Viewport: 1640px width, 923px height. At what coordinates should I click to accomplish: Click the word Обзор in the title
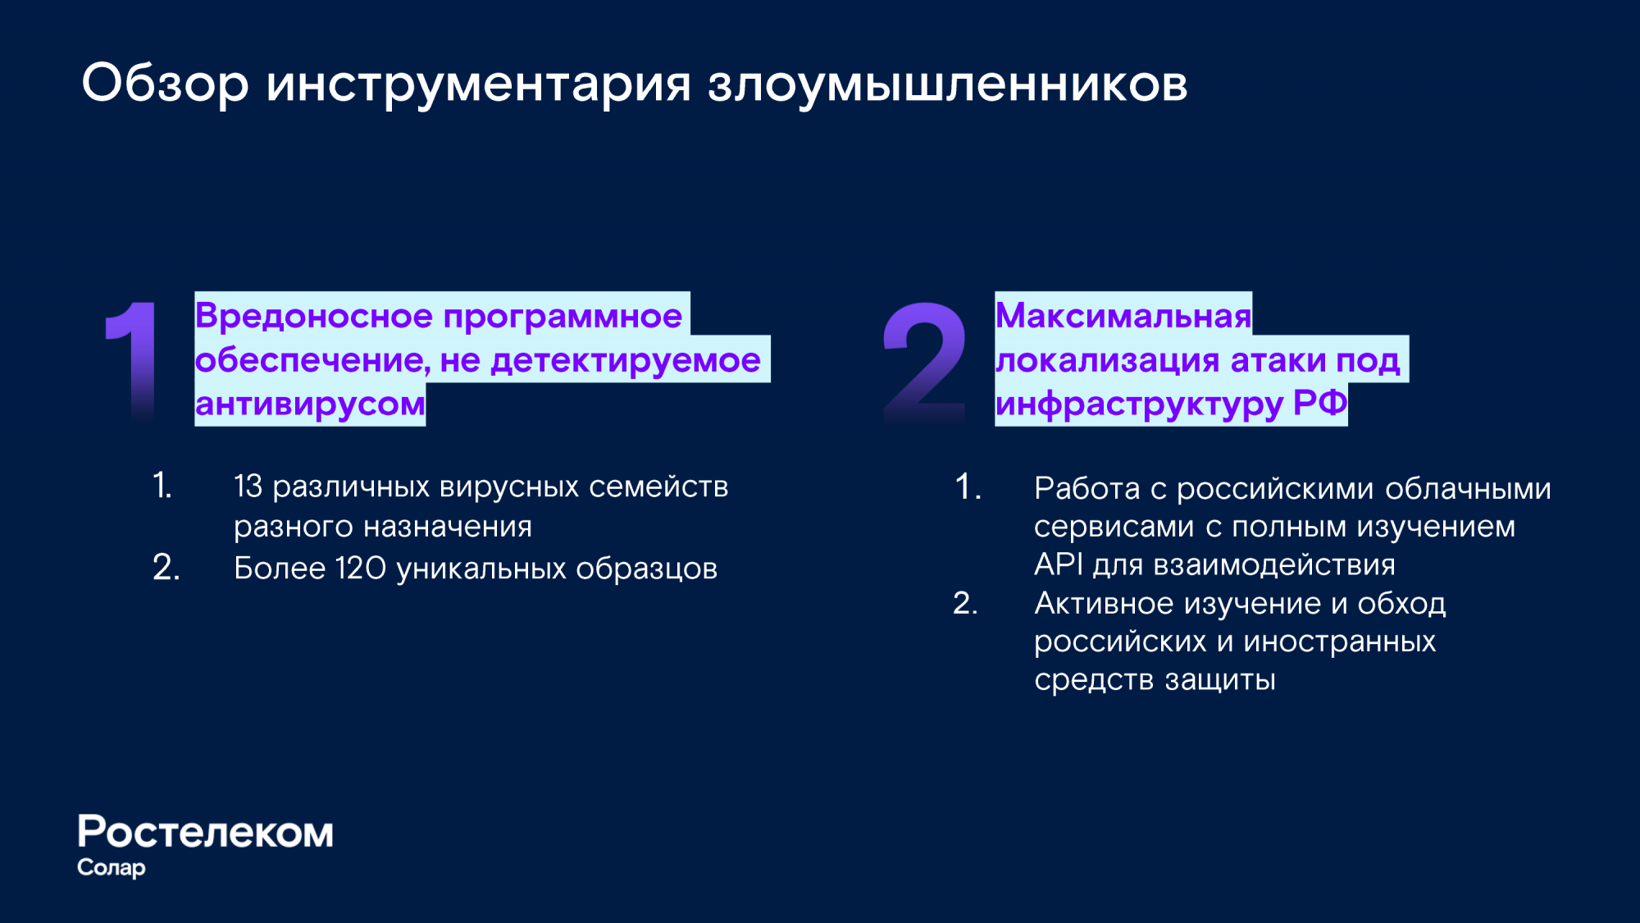[x=165, y=83]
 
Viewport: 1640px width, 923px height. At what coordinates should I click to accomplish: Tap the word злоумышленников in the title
[x=948, y=84]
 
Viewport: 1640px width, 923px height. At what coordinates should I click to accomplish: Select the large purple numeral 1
[x=132, y=362]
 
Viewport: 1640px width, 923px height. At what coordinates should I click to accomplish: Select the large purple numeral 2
[x=924, y=362]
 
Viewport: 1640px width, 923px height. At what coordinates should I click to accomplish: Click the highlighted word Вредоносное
[x=315, y=316]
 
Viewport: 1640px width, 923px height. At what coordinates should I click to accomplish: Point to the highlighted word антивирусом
[x=310, y=404]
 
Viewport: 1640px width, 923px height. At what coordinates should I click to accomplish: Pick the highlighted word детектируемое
[x=626, y=361]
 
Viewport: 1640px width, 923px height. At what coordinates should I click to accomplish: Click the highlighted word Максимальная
[x=1123, y=316]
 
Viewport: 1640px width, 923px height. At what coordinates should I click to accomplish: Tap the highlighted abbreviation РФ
[x=1320, y=403]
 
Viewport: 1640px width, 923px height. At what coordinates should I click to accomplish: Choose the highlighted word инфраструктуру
[x=1139, y=404]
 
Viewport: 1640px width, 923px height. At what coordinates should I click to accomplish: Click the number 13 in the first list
[x=248, y=487]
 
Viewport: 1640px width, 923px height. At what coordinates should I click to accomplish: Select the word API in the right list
[x=1059, y=564]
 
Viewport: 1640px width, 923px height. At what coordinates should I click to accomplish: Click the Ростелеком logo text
[x=205, y=832]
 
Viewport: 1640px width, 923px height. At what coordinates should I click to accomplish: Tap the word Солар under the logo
[x=112, y=868]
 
